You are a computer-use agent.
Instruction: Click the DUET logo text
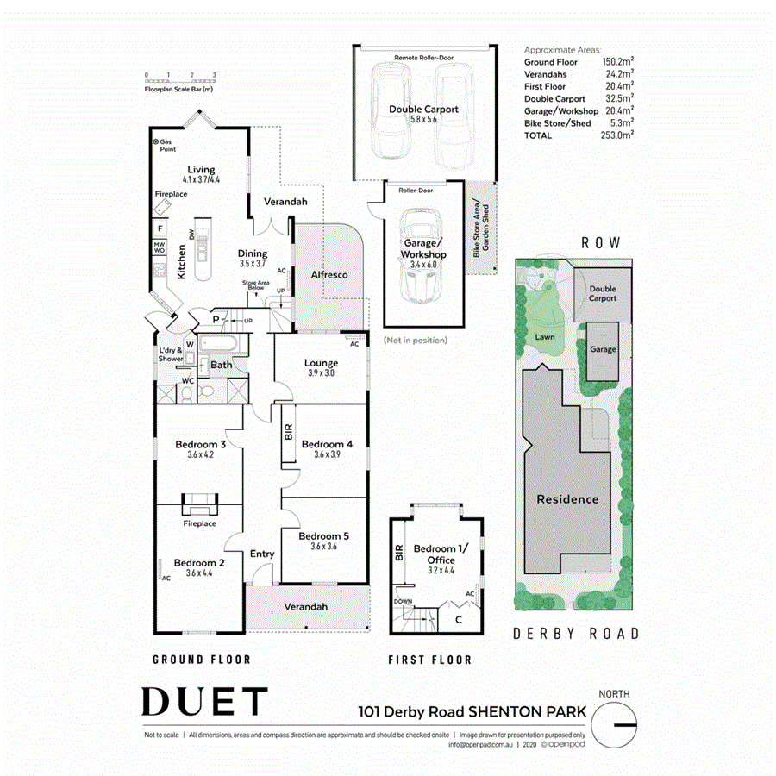[x=204, y=702]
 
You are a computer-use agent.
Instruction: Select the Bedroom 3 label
[x=200, y=444]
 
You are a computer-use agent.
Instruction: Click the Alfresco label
[x=329, y=274]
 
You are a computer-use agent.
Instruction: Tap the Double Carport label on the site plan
[x=603, y=293]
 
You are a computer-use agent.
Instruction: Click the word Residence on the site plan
[x=567, y=498]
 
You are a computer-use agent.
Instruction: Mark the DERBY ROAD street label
[x=576, y=634]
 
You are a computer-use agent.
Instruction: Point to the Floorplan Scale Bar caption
[x=179, y=89]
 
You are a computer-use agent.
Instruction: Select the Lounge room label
[x=321, y=363]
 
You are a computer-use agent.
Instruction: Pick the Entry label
[x=262, y=554]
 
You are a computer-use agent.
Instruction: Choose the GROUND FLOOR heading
[x=202, y=660]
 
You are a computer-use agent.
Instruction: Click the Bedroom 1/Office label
[x=435, y=554]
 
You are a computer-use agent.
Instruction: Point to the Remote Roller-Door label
[x=423, y=58]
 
